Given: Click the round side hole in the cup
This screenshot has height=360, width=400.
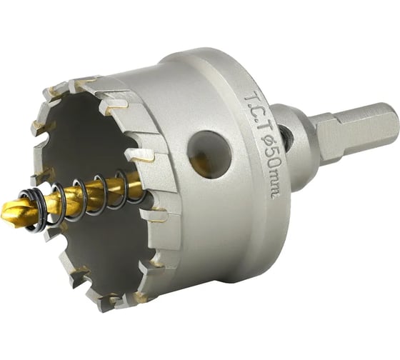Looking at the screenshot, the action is pos(209,155).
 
